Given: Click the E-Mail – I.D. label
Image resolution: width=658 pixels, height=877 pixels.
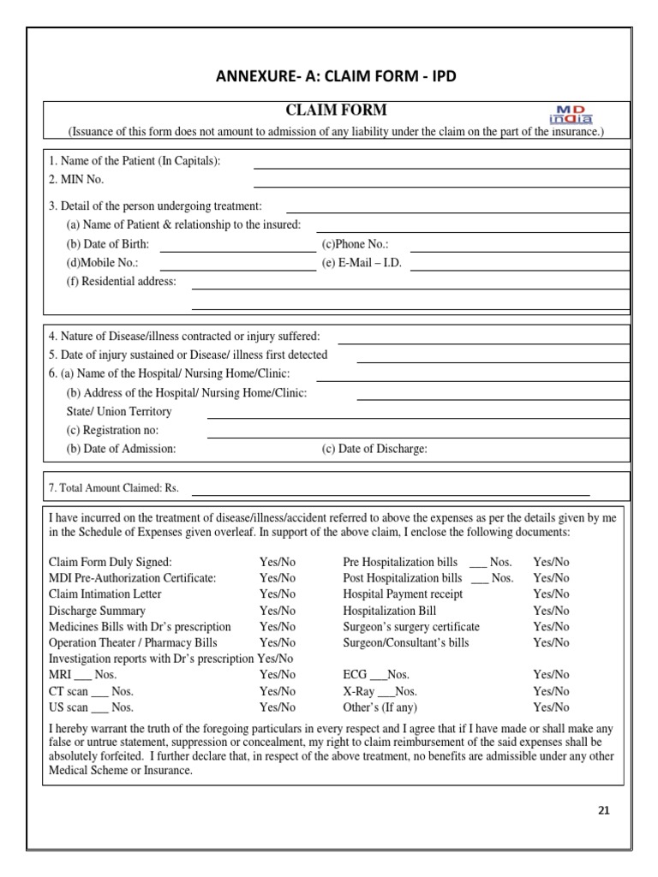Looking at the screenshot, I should [362, 263].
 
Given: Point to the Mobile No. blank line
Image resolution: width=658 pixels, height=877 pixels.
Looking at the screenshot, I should [237, 269].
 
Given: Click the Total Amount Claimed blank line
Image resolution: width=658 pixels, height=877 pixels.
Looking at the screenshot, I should [390, 494].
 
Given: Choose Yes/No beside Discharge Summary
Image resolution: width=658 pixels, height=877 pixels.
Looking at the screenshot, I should [277, 611].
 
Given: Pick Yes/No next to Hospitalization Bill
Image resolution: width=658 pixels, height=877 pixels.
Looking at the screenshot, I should [551, 611].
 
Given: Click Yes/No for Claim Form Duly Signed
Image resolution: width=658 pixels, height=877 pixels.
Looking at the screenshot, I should [277, 562].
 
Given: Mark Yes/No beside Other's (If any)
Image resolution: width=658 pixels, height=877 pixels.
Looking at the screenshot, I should [551, 707].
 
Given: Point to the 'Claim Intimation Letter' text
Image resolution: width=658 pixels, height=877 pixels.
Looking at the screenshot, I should [105, 594].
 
